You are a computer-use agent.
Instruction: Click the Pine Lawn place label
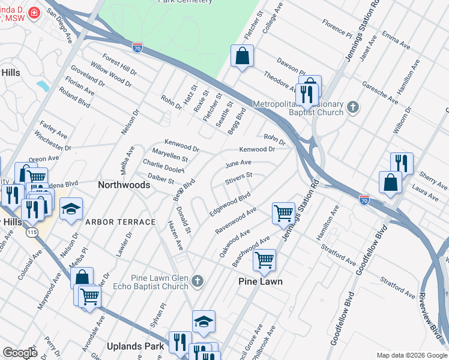pyautogui.click(x=260, y=281)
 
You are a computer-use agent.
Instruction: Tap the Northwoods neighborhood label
pyautogui.click(x=124, y=185)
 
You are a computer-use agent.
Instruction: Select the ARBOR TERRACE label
pyautogui.click(x=120, y=222)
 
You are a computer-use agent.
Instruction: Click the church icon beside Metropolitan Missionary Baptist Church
pyautogui.click(x=353, y=108)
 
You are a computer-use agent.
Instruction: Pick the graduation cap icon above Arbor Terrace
pyautogui.click(x=71, y=208)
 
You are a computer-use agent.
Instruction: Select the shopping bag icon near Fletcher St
pyautogui.click(x=241, y=56)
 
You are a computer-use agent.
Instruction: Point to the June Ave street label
pyautogui.click(x=238, y=163)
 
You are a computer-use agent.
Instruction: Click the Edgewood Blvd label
pyautogui.click(x=229, y=204)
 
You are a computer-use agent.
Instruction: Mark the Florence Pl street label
pyautogui.click(x=337, y=27)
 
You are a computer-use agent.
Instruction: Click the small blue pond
pyautogui.click(x=43, y=85)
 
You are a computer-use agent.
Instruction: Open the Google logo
pyautogui.click(x=20, y=352)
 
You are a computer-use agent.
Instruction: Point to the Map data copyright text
pyautogui.click(x=411, y=355)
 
